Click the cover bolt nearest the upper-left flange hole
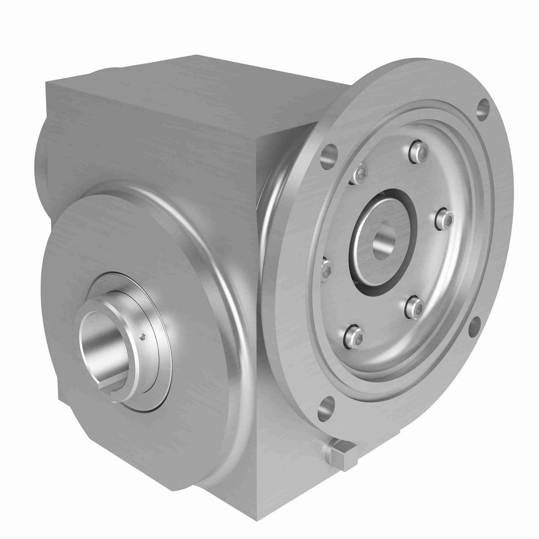[360, 174]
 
